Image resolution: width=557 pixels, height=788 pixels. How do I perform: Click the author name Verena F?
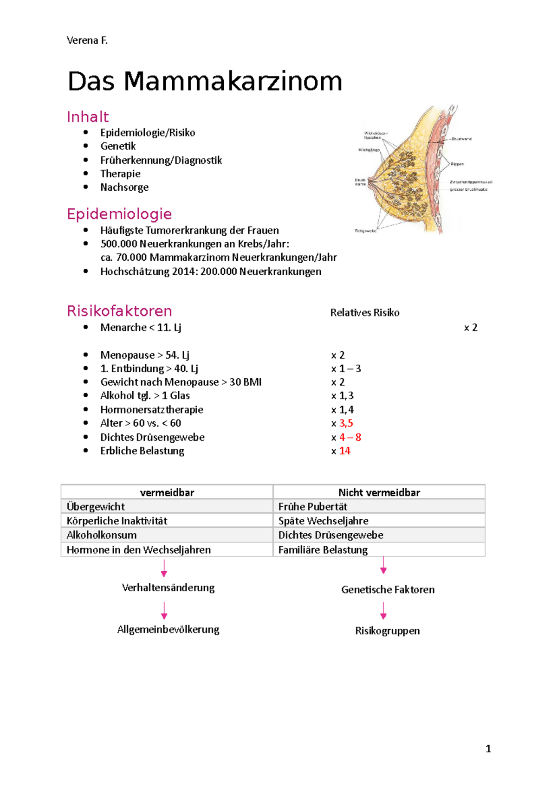[x=87, y=40]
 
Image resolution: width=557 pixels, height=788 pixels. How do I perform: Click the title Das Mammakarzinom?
[x=205, y=81]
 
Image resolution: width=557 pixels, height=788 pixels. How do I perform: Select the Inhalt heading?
[x=88, y=116]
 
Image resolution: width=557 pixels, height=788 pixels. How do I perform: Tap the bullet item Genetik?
[x=118, y=146]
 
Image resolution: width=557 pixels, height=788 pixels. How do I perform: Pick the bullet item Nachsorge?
[x=124, y=187]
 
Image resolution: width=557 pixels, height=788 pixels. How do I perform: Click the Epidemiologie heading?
[x=119, y=214]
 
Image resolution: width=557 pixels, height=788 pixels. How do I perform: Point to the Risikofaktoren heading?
[x=119, y=311]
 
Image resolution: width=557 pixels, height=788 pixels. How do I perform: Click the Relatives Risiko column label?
[x=364, y=313]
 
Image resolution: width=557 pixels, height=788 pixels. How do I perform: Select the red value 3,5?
[x=346, y=423]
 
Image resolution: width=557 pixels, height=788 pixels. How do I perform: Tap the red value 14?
[x=344, y=451]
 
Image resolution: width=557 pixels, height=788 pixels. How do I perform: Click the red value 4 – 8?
[x=350, y=437]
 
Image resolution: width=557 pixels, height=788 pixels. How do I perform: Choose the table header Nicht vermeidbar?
[x=379, y=492]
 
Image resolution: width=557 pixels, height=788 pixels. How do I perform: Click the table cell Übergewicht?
[x=96, y=506]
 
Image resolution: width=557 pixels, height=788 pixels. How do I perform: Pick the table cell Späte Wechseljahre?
[x=323, y=521]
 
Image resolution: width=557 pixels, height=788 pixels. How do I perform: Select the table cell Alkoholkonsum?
[x=102, y=535]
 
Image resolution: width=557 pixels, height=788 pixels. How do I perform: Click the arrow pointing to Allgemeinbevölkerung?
[x=164, y=610]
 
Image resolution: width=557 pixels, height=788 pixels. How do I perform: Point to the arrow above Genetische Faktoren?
[x=383, y=565]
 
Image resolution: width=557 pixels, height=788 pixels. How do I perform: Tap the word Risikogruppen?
[x=387, y=631]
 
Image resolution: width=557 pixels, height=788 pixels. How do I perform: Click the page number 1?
[x=488, y=749]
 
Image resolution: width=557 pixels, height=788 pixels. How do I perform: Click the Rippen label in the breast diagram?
[x=457, y=164]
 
